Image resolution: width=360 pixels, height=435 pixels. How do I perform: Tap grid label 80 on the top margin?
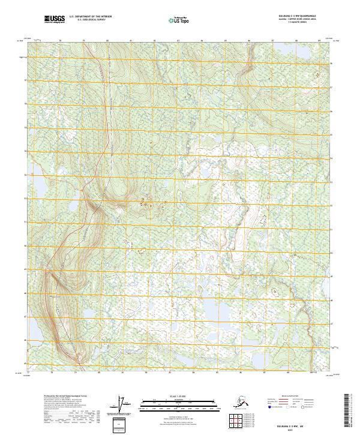tap(107, 41)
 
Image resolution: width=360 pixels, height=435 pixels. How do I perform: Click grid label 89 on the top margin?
tap(319, 41)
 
